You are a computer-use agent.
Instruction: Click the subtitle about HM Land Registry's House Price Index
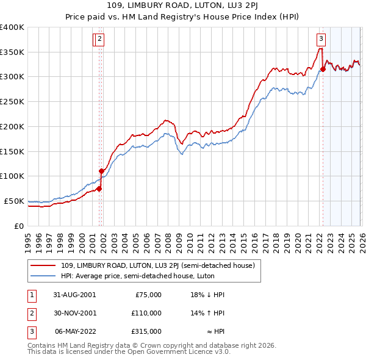tap(182, 18)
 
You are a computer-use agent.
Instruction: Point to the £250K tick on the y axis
tap(12, 101)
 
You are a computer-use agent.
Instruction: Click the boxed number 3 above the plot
tap(321, 40)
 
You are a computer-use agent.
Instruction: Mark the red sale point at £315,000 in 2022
tap(323, 69)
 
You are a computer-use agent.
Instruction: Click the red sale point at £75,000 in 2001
tap(99, 189)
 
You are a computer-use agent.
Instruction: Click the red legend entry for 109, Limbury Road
tap(162, 265)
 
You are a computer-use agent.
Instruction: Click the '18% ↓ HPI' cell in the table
tap(207, 295)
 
